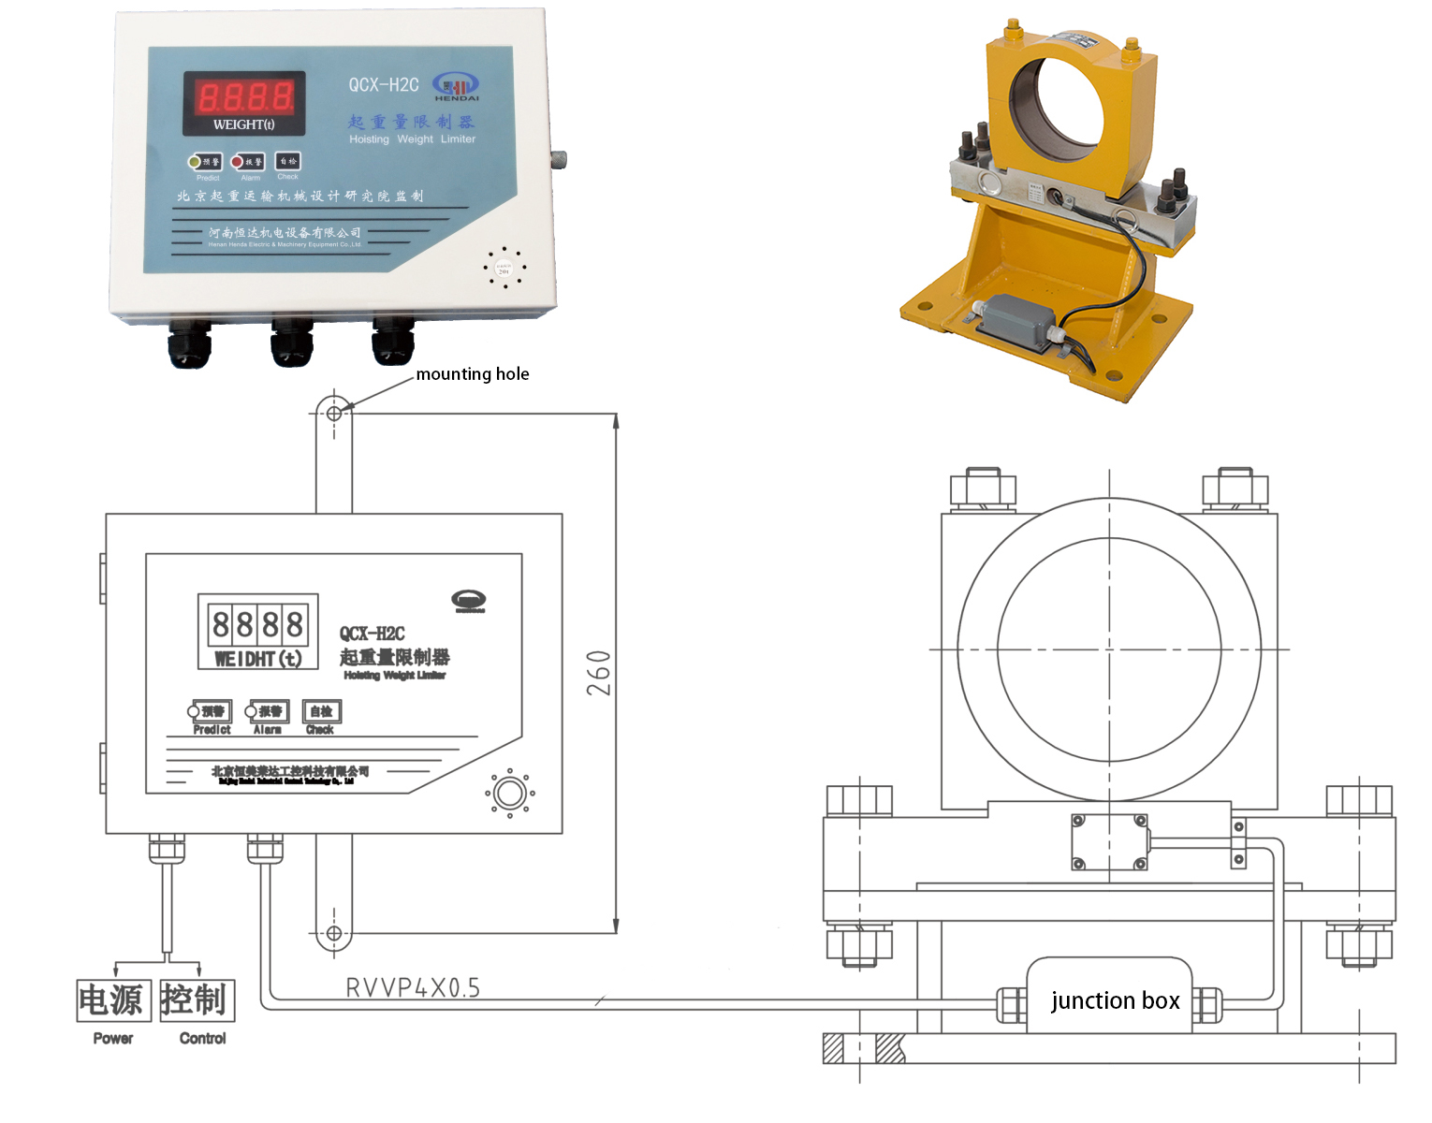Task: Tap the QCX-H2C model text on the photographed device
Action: point(384,85)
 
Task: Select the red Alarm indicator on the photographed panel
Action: point(238,162)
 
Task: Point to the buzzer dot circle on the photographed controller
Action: point(504,268)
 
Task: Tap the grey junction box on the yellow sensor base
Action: point(1016,321)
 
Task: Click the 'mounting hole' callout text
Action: point(472,374)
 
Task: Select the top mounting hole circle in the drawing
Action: point(334,413)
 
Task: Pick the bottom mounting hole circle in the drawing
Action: point(334,933)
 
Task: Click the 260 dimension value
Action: point(599,673)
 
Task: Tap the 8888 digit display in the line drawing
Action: point(257,623)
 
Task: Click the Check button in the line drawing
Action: point(321,712)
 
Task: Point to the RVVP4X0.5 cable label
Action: point(413,988)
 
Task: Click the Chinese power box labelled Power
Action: point(112,1000)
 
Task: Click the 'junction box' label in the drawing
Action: point(1115,1001)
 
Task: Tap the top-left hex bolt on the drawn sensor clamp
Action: point(982,488)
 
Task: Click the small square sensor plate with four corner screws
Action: point(1109,841)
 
